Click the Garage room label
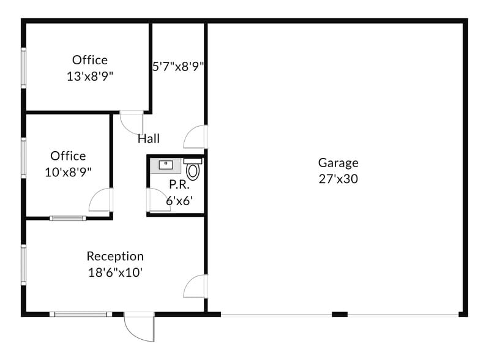tap(338, 163)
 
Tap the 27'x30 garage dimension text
tap(338, 179)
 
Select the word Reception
tap(115, 257)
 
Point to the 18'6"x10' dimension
tap(115, 272)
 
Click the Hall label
tap(149, 138)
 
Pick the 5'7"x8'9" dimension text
tap(178, 67)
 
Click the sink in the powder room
tap(166, 165)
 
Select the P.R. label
tap(179, 185)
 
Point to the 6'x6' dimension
tap(179, 201)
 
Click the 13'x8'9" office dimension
tap(90, 76)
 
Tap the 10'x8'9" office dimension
tap(68, 172)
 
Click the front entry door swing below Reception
tap(140, 327)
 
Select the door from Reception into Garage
tap(195, 286)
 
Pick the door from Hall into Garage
tap(195, 137)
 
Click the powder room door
tap(158, 200)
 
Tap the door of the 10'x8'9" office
tap(101, 200)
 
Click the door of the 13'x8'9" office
tap(132, 122)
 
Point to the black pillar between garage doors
tap(340, 315)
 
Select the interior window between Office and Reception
tap(68, 219)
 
